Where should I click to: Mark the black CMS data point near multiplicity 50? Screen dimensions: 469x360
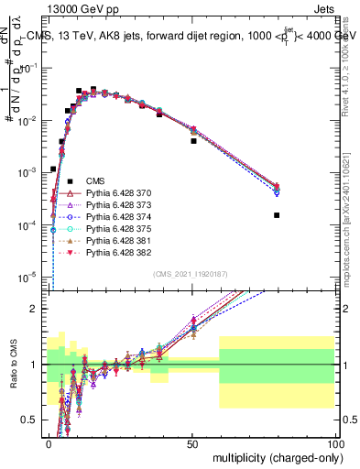coord(193,141)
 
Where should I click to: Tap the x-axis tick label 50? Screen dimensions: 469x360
coord(191,442)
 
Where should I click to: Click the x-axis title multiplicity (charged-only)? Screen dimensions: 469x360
coord(274,456)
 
